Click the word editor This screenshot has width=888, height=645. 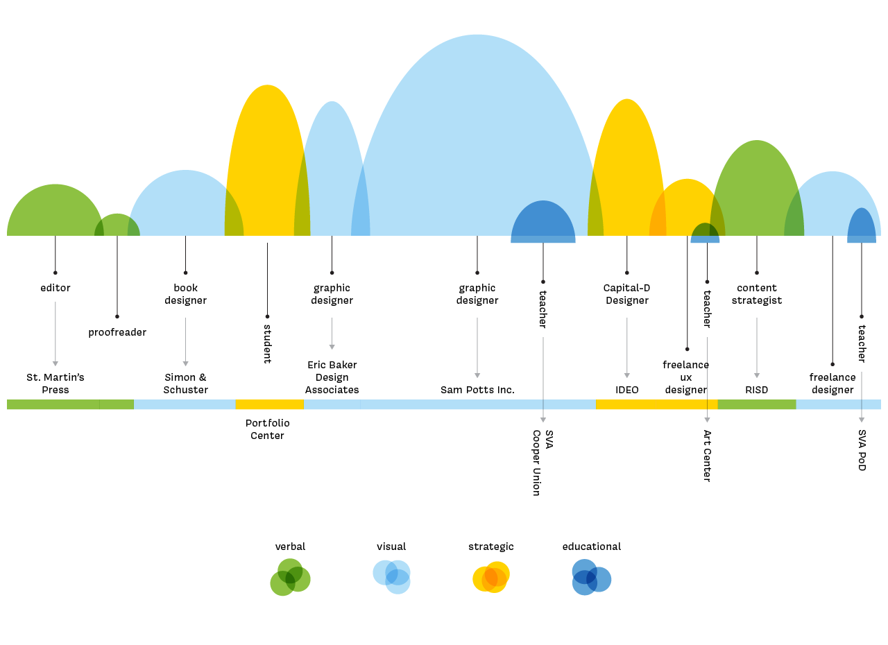[55, 288]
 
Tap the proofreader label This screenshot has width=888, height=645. [117, 332]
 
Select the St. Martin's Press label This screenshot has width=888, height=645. [55, 384]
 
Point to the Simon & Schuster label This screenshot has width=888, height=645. [185, 384]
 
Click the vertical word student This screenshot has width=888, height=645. [268, 344]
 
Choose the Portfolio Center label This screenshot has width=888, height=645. [268, 429]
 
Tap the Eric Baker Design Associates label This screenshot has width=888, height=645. [332, 377]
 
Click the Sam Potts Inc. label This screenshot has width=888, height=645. [478, 390]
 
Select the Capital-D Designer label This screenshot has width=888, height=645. [627, 294]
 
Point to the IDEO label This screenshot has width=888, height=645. [627, 390]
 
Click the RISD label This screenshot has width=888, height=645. [757, 390]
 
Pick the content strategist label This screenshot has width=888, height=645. [757, 294]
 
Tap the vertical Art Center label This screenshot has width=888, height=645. [707, 456]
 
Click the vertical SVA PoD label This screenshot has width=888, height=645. [862, 451]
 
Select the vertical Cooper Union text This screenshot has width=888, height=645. [536, 463]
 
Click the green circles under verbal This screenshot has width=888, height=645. [290, 577]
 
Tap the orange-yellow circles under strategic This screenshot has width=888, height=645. [491, 577]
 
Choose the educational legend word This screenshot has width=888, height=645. [592, 547]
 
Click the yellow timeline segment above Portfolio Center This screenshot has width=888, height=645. [270, 404]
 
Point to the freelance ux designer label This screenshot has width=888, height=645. [686, 377]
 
